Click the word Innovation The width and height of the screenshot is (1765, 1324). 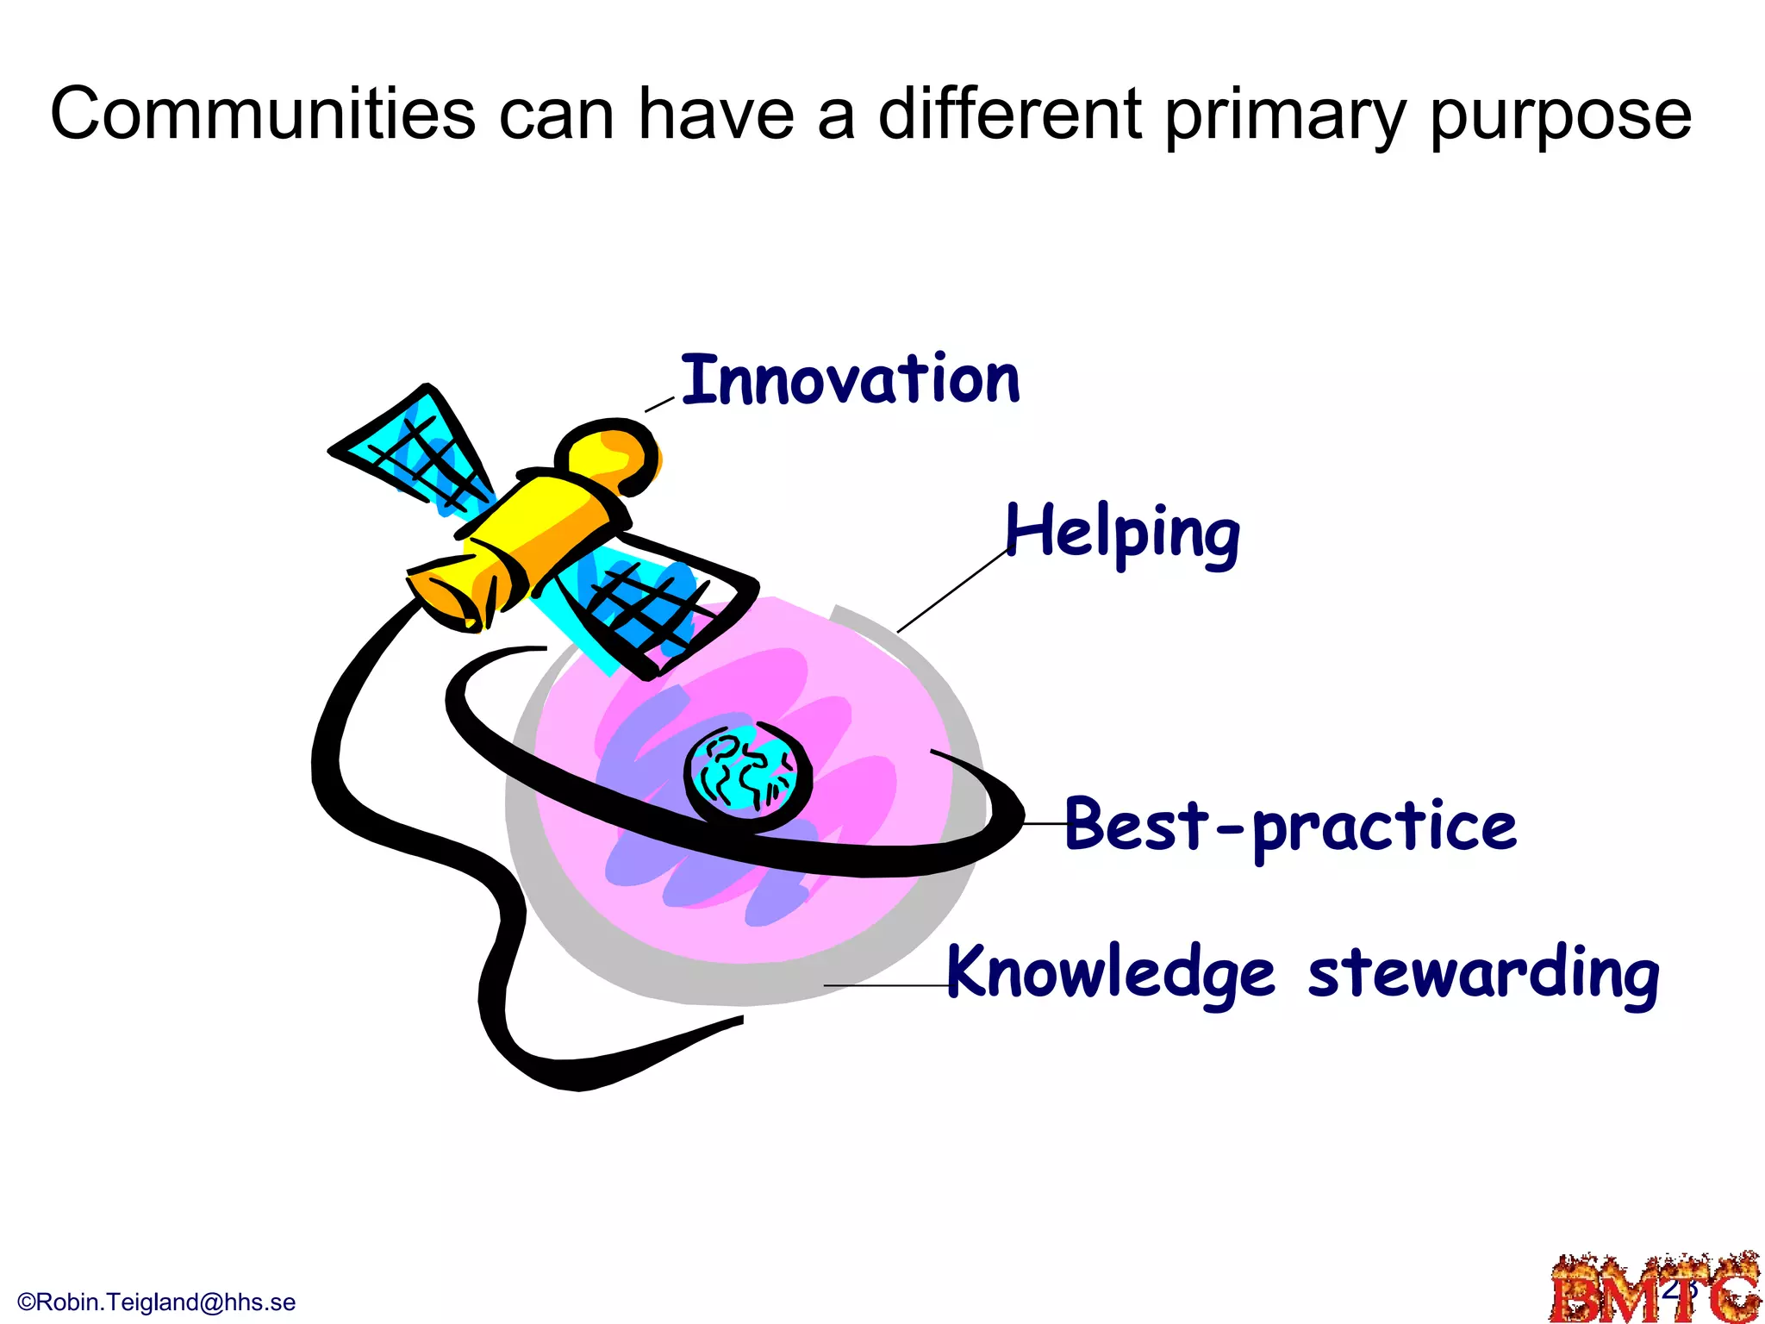click(x=850, y=380)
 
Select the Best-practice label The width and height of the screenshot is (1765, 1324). click(x=1290, y=826)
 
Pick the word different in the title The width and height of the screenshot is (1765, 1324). click(x=1010, y=114)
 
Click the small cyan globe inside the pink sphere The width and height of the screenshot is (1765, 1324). click(x=747, y=769)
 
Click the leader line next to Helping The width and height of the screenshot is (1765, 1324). click(x=951, y=591)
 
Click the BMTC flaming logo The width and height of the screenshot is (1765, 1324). click(x=1655, y=1289)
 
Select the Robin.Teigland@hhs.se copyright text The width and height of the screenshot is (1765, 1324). click(x=157, y=1302)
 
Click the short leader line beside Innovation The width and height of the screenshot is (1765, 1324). click(x=659, y=404)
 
